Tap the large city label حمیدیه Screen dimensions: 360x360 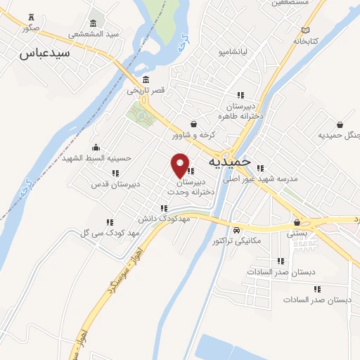pyautogui.click(x=229, y=162)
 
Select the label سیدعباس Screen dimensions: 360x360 pyautogui.click(x=44, y=53)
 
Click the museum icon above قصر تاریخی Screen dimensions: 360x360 pyautogui.click(x=146, y=79)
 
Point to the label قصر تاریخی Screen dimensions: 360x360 pyautogui.click(x=146, y=90)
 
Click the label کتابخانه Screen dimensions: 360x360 pyautogui.click(x=305, y=41)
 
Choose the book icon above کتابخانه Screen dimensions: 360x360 pyautogui.click(x=305, y=30)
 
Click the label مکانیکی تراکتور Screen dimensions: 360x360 pyautogui.click(x=236, y=240)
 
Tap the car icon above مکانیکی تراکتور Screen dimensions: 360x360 pyautogui.click(x=237, y=230)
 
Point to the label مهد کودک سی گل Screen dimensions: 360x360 pyautogui.click(x=110, y=232)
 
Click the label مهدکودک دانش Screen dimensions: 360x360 pyautogui.click(x=165, y=219)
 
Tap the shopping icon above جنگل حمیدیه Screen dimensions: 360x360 pyautogui.click(x=340, y=124)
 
